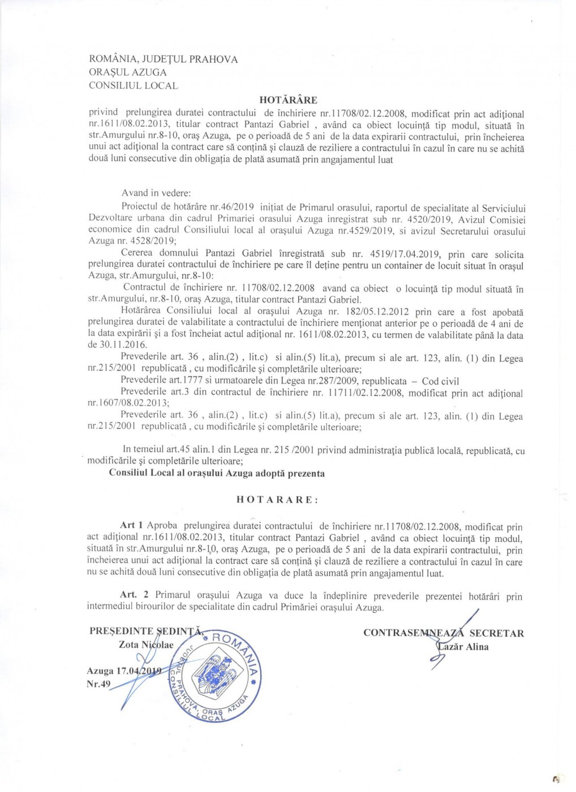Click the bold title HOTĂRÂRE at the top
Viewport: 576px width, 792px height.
pos(288,100)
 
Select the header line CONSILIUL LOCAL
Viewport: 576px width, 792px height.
pos(133,86)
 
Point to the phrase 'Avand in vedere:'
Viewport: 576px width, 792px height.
pos(156,193)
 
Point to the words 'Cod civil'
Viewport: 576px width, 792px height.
pos(440,381)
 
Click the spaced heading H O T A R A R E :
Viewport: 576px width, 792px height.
pos(277,500)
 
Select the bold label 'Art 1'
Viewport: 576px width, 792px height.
pos(131,526)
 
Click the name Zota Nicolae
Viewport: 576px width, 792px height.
pos(146,645)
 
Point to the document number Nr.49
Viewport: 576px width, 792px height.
pos(98,684)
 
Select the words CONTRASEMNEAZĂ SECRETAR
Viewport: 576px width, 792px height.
pos(443,633)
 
